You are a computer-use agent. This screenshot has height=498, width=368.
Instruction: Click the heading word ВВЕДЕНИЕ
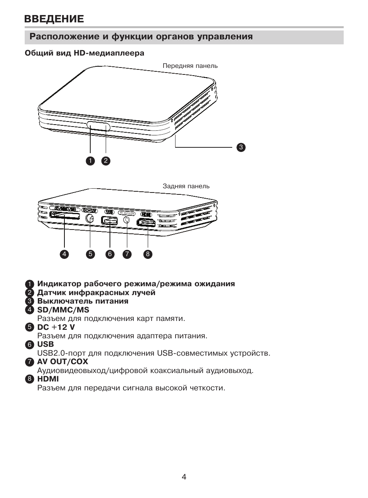[x=54, y=19]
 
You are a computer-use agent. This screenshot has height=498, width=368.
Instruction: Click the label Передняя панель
[x=190, y=66]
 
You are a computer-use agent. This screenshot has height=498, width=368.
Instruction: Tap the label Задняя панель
[x=186, y=186]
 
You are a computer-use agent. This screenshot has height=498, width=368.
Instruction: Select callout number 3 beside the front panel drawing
[x=241, y=147]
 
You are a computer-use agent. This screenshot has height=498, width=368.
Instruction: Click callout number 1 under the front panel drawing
[x=90, y=161]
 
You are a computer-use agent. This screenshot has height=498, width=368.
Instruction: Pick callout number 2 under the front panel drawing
[x=106, y=161]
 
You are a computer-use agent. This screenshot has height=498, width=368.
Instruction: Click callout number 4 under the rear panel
[x=64, y=254]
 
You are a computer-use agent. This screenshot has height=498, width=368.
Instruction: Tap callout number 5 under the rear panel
[x=90, y=254]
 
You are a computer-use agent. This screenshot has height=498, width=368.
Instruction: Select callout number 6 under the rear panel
[x=110, y=254]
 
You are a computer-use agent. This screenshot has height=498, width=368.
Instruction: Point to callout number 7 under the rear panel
[x=127, y=254]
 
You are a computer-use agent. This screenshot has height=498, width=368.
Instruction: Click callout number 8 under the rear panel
[x=148, y=254]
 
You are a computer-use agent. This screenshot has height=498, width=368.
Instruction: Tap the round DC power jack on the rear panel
[x=89, y=219]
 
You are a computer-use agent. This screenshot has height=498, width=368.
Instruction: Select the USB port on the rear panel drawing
[x=110, y=221]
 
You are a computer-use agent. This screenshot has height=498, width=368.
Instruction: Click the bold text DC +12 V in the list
[x=56, y=327]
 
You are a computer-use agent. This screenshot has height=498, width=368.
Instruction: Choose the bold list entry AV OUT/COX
[x=62, y=361]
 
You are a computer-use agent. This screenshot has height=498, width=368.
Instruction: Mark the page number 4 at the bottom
[x=184, y=477]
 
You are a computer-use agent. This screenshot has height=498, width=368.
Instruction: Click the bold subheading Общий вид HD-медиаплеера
[x=84, y=53]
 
